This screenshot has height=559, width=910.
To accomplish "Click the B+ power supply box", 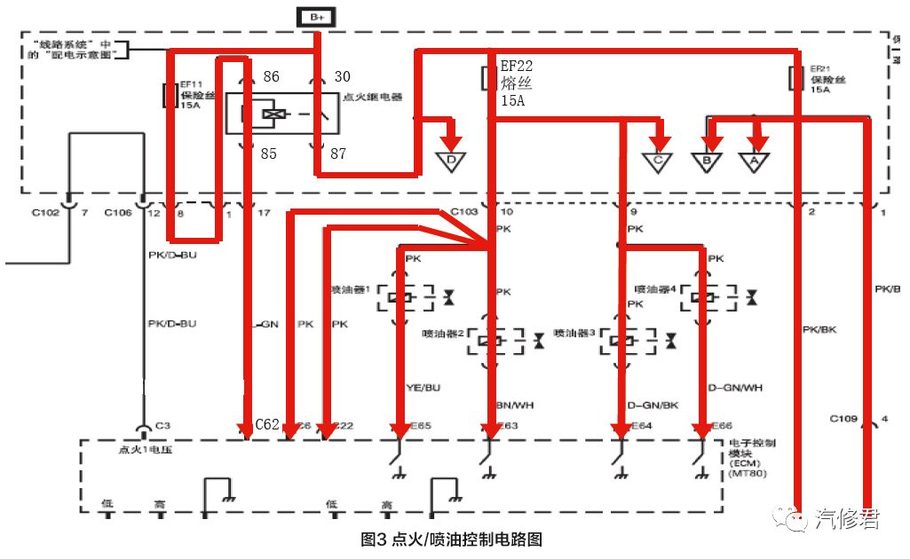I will (318, 17).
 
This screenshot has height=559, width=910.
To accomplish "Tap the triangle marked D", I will (451, 161).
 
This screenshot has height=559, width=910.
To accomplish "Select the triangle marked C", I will (658, 162).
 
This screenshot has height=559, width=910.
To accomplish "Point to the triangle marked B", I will (707, 162).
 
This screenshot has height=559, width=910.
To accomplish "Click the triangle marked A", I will (754, 162).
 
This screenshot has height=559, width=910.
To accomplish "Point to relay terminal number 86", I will (271, 77).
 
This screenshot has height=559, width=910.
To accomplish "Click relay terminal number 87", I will (338, 154).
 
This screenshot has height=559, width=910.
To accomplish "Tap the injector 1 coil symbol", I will (404, 297).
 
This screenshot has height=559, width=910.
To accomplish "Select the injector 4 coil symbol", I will (709, 296).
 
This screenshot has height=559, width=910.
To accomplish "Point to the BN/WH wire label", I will (513, 405).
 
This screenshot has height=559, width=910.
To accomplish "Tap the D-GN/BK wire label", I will (653, 405).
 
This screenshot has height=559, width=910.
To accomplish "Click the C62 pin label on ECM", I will (267, 424).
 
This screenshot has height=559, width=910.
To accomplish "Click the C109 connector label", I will (847, 417).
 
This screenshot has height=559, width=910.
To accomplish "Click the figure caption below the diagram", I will (451, 539).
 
